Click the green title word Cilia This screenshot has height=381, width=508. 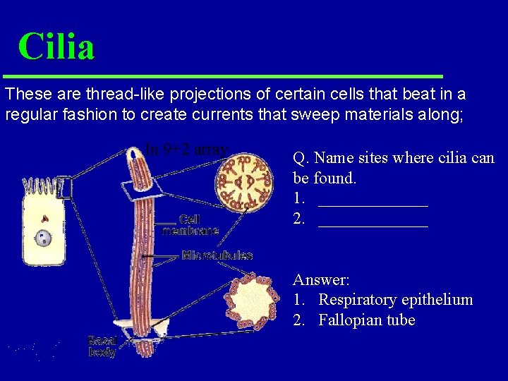click(56, 47)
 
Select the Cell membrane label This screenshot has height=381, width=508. click(190, 225)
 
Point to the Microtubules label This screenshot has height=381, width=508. click(217, 255)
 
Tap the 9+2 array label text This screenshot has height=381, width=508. click(187, 150)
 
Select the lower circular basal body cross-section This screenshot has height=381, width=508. click(249, 302)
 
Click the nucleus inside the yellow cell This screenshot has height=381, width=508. click(44, 238)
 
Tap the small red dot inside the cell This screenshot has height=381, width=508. click(44, 219)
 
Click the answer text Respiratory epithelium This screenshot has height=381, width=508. click(395, 300)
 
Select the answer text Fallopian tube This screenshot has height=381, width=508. click(366, 320)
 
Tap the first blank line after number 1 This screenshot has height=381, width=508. click(373, 204)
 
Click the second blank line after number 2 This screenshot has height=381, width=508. click(373, 224)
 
